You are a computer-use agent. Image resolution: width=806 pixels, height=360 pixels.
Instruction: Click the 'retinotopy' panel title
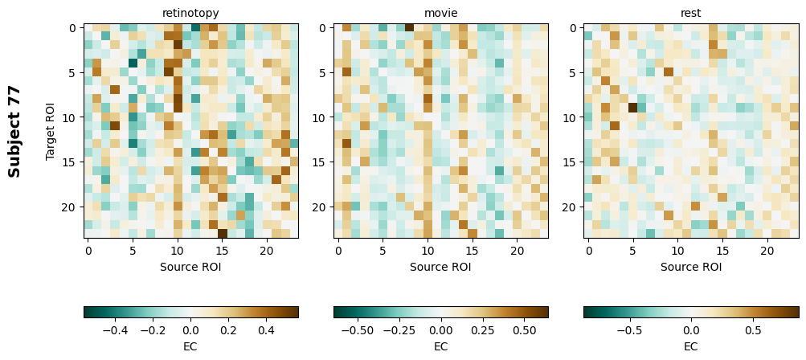(190, 13)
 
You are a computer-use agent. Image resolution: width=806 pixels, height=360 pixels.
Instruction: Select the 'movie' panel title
(440, 13)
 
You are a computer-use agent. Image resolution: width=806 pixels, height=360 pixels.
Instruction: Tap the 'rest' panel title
(690, 13)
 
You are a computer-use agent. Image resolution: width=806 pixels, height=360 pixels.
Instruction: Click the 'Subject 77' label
(14, 131)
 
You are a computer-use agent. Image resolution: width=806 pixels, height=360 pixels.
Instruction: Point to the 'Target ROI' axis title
(51, 131)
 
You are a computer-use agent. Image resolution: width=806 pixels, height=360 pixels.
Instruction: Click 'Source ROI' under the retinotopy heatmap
(190, 267)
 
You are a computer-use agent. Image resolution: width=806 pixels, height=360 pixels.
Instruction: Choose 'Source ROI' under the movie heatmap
(440, 267)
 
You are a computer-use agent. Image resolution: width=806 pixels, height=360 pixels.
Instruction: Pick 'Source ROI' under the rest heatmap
(690, 267)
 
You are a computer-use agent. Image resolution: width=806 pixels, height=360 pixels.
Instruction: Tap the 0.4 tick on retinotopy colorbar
(266, 329)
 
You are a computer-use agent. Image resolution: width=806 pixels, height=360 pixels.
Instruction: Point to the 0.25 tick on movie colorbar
(482, 329)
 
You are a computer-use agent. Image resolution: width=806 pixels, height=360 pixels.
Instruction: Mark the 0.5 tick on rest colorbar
(753, 329)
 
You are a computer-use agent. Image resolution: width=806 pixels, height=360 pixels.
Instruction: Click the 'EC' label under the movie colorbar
(440, 346)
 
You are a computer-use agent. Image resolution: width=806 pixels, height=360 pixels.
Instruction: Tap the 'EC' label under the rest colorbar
(690, 346)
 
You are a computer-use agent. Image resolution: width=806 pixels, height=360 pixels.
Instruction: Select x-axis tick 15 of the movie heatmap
(473, 251)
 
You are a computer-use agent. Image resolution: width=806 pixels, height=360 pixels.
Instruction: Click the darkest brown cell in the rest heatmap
(632, 108)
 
